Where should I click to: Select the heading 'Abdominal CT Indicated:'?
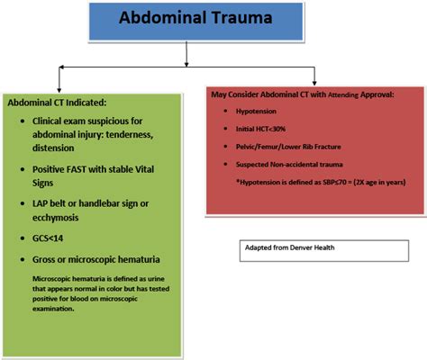point(59,102)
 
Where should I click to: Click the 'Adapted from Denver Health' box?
point(319,247)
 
